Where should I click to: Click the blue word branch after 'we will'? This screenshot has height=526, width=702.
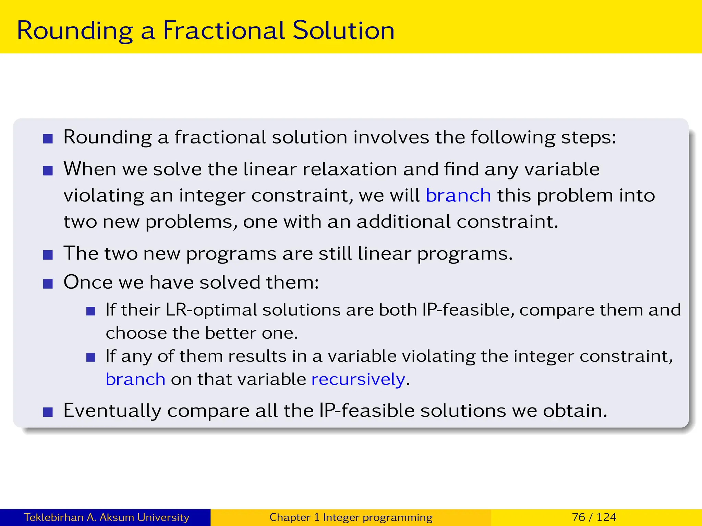(458, 196)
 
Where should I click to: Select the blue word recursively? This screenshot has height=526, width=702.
(358, 379)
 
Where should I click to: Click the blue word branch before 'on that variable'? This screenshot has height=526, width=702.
(135, 379)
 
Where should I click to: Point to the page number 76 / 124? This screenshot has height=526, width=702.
(594, 517)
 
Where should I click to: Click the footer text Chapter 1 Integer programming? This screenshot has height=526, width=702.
(351, 517)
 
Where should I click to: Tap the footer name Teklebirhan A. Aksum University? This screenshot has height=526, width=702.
(106, 517)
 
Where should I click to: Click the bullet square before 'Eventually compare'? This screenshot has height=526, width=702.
(48, 412)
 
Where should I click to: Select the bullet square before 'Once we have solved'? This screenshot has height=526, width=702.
(48, 284)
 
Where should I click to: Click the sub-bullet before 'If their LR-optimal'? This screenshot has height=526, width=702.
(90, 311)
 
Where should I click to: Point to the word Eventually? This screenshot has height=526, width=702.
(112, 411)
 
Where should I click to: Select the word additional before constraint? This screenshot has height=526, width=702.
(403, 222)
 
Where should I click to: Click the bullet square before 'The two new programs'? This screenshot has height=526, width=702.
(48, 255)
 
